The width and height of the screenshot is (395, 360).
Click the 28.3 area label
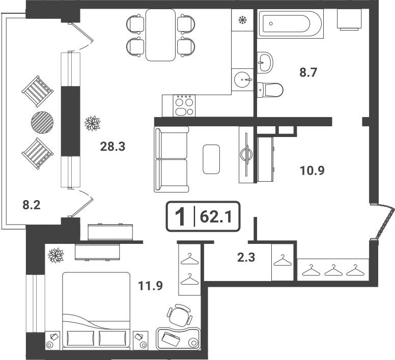(112, 146)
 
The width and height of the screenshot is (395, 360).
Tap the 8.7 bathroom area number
(308, 72)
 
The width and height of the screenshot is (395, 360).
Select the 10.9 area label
(312, 171)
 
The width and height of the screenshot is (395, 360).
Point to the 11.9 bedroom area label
(150, 286)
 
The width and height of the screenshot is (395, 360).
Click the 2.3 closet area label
(246, 258)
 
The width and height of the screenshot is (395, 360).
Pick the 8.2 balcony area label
(32, 205)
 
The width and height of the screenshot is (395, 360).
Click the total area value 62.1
(215, 217)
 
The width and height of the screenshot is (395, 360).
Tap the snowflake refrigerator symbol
(242, 20)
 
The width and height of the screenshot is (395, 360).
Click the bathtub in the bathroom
(291, 24)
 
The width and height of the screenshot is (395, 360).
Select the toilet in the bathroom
(270, 90)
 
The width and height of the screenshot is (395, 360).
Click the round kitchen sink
(243, 79)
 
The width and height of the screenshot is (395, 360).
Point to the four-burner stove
(184, 106)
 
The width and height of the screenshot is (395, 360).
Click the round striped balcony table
(42, 123)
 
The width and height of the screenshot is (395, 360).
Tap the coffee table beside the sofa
(211, 159)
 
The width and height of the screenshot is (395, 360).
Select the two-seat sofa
(172, 159)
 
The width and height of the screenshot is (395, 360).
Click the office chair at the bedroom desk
(179, 315)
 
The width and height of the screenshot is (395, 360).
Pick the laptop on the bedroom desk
(171, 339)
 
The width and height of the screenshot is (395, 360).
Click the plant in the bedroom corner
(55, 255)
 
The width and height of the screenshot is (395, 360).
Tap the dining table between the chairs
(160, 35)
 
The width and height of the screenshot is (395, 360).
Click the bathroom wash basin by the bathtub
(265, 62)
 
